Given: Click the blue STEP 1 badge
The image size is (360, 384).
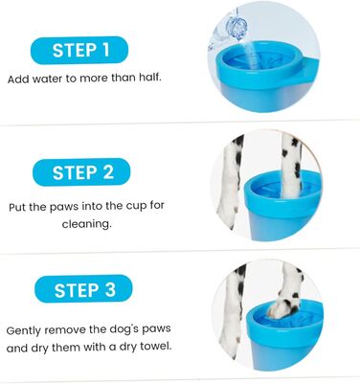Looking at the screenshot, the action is click(79, 50).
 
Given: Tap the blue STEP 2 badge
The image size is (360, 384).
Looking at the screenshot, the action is click(81, 172).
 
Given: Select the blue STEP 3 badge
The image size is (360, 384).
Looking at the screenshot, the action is click(83, 289).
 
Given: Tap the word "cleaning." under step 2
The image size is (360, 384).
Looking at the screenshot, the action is click(87, 223).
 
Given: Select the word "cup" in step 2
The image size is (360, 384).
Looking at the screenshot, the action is click(136, 205).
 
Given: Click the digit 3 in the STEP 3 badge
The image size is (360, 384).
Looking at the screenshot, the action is click(110, 289).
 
